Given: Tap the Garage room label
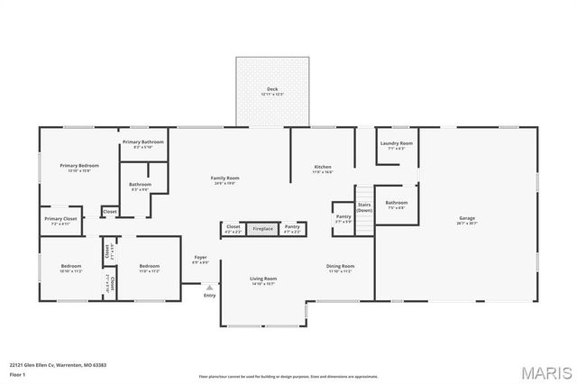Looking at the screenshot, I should click(x=466, y=219).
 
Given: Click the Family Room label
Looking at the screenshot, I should click(x=224, y=179).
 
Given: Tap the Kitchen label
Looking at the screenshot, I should click(x=323, y=169).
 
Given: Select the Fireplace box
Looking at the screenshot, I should click(x=262, y=229).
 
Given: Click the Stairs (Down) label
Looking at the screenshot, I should click(x=365, y=207).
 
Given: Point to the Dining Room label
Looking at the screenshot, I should click(x=340, y=268).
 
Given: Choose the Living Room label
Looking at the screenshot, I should click(x=263, y=280).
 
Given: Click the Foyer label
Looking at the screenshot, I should click(x=200, y=260).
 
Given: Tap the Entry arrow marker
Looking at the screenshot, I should click(x=209, y=288).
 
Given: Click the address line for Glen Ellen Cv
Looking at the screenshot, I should click(x=58, y=364).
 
